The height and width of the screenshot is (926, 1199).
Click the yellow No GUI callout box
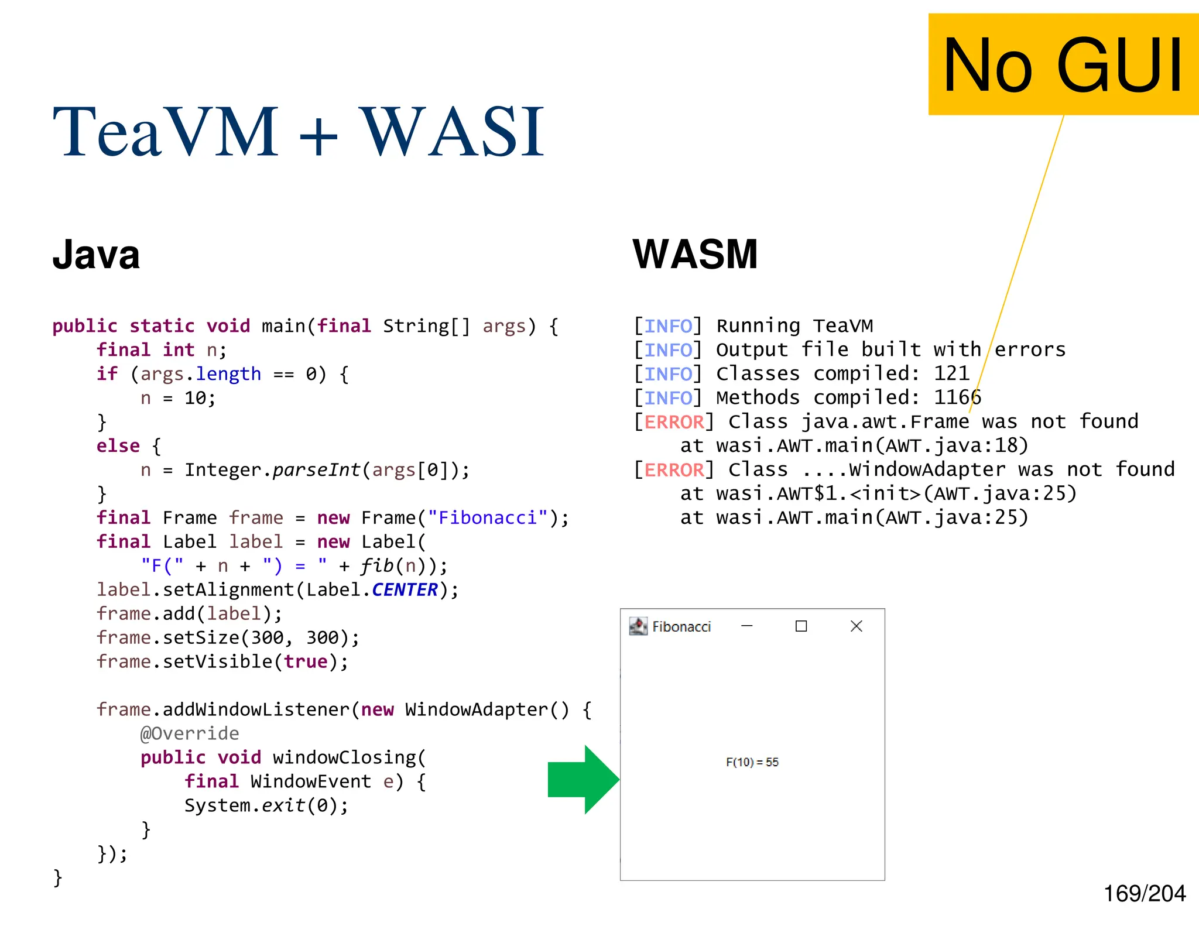click(x=1063, y=64)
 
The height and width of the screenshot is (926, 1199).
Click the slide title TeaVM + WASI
click(x=299, y=132)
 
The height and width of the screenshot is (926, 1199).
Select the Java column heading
click(x=96, y=255)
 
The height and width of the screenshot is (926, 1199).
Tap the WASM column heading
click(x=695, y=255)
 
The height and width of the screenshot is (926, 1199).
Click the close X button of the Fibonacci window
click(x=856, y=626)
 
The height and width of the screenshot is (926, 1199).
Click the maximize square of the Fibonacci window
click(x=801, y=626)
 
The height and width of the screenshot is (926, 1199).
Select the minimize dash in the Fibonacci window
click(x=746, y=626)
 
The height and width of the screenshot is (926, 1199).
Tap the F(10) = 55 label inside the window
click(x=752, y=762)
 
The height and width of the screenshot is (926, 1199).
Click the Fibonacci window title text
click(x=681, y=627)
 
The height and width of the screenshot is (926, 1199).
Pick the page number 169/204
click(x=1145, y=894)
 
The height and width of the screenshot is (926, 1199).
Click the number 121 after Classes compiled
click(x=951, y=373)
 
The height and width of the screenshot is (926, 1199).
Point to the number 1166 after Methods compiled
click(x=957, y=397)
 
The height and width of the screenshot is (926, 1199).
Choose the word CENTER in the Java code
click(x=405, y=589)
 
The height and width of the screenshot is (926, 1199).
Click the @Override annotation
click(x=190, y=733)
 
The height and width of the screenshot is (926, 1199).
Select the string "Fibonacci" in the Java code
click(x=488, y=517)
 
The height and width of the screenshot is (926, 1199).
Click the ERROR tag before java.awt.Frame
click(x=674, y=421)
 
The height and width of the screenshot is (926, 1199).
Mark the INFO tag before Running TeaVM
click(x=668, y=325)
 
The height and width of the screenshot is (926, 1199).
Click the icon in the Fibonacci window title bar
click(x=638, y=626)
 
